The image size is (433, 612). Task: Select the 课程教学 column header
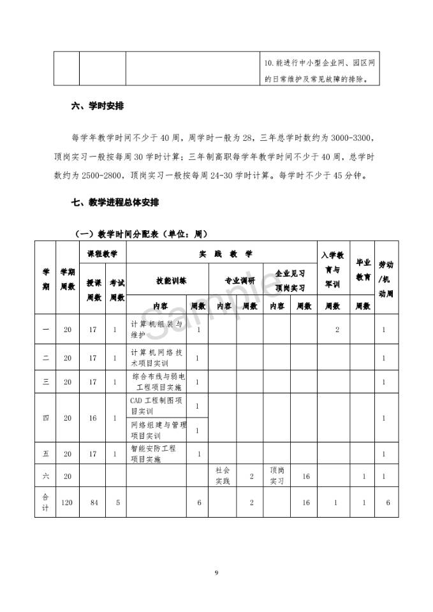(102, 254)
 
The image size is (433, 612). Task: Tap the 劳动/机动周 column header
(386, 279)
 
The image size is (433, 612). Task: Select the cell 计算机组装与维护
(156, 329)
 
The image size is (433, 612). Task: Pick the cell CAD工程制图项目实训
(157, 405)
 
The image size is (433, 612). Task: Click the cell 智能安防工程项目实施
(153, 453)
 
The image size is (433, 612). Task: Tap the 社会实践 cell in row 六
(223, 476)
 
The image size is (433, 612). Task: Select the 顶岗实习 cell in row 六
(277, 476)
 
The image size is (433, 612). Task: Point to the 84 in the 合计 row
(93, 503)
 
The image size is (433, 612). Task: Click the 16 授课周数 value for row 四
(93, 418)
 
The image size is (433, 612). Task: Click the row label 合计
(45, 503)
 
